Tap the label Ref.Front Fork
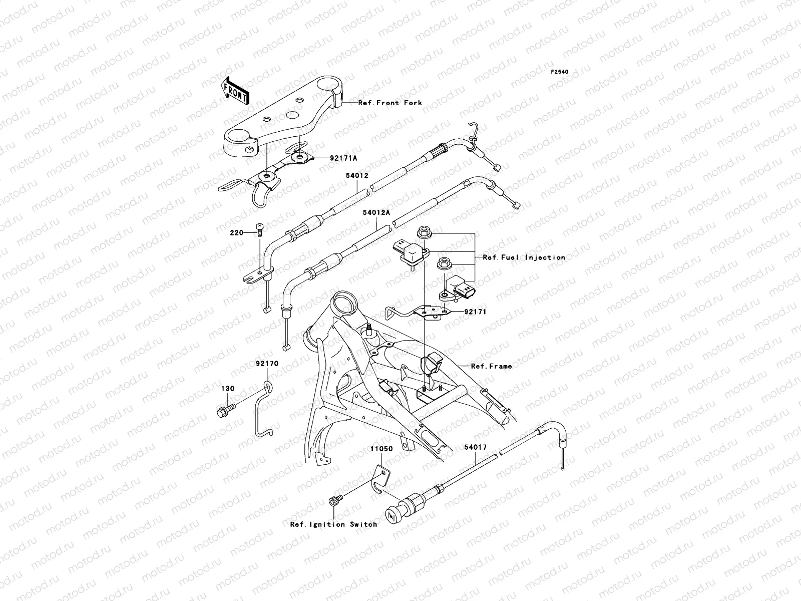[390, 103]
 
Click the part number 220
[236, 233]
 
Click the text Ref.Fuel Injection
[524, 257]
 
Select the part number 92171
[475, 312]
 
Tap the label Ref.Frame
[491, 366]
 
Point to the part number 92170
[267, 364]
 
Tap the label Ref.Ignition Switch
[333, 524]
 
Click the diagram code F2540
[560, 72]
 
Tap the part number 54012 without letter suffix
[357, 176]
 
